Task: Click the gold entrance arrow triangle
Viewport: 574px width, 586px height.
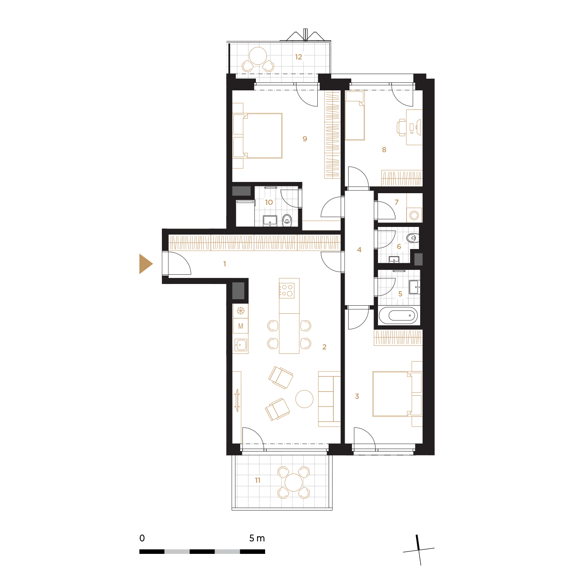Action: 145,263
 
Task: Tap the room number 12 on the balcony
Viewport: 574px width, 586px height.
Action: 298,57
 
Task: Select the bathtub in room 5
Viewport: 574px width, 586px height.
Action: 398,315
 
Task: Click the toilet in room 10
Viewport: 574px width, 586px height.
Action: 287,220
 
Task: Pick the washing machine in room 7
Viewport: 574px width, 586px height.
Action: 414,215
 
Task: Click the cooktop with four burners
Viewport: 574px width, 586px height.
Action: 286,290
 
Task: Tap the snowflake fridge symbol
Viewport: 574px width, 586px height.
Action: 241,310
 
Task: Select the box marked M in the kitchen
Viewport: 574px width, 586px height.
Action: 241,326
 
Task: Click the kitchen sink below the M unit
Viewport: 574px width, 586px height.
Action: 241,345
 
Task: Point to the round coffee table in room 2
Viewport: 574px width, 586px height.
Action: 304,399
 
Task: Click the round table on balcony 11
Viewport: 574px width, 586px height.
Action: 293,482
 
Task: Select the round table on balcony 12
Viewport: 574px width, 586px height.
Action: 257,56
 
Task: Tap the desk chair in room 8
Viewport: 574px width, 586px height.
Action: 401,127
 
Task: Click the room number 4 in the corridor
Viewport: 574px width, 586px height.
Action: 359,250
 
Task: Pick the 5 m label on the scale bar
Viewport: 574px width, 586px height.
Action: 257,538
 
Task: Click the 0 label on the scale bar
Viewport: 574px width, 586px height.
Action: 142,538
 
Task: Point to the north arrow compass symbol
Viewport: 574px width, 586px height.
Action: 419,550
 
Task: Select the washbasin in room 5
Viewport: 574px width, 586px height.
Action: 414,287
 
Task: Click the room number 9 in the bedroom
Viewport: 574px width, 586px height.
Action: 304,139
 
